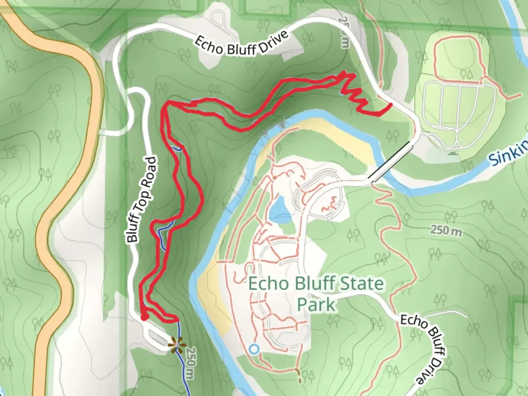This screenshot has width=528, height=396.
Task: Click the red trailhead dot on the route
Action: pyautogui.click(x=144, y=317)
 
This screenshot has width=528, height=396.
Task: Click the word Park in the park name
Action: pyautogui.click(x=316, y=304)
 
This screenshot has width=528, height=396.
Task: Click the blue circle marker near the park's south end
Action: pyautogui.click(x=254, y=349)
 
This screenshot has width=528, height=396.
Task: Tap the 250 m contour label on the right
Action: pyautogui.click(x=446, y=230)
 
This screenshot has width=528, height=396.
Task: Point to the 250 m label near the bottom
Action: pyautogui.click(x=190, y=363)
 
